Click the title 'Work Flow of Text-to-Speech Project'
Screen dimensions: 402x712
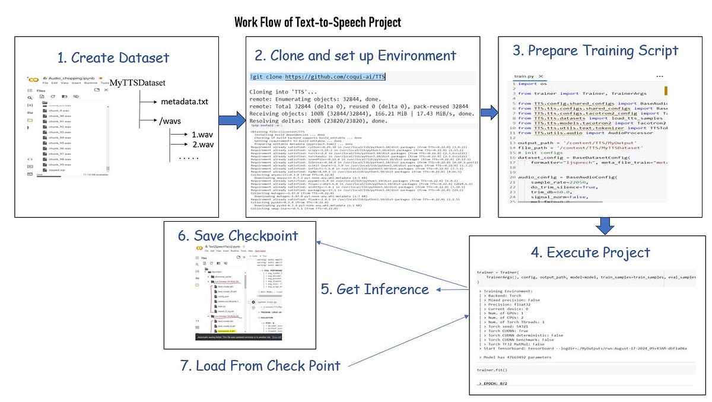317,23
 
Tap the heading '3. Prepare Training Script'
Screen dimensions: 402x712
596,50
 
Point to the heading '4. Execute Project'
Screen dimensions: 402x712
590,252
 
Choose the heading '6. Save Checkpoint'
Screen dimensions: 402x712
238,235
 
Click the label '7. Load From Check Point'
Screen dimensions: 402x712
260,365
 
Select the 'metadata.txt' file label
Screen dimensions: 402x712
185,102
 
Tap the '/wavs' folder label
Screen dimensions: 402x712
173,122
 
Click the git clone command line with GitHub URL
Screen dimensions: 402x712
318,77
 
